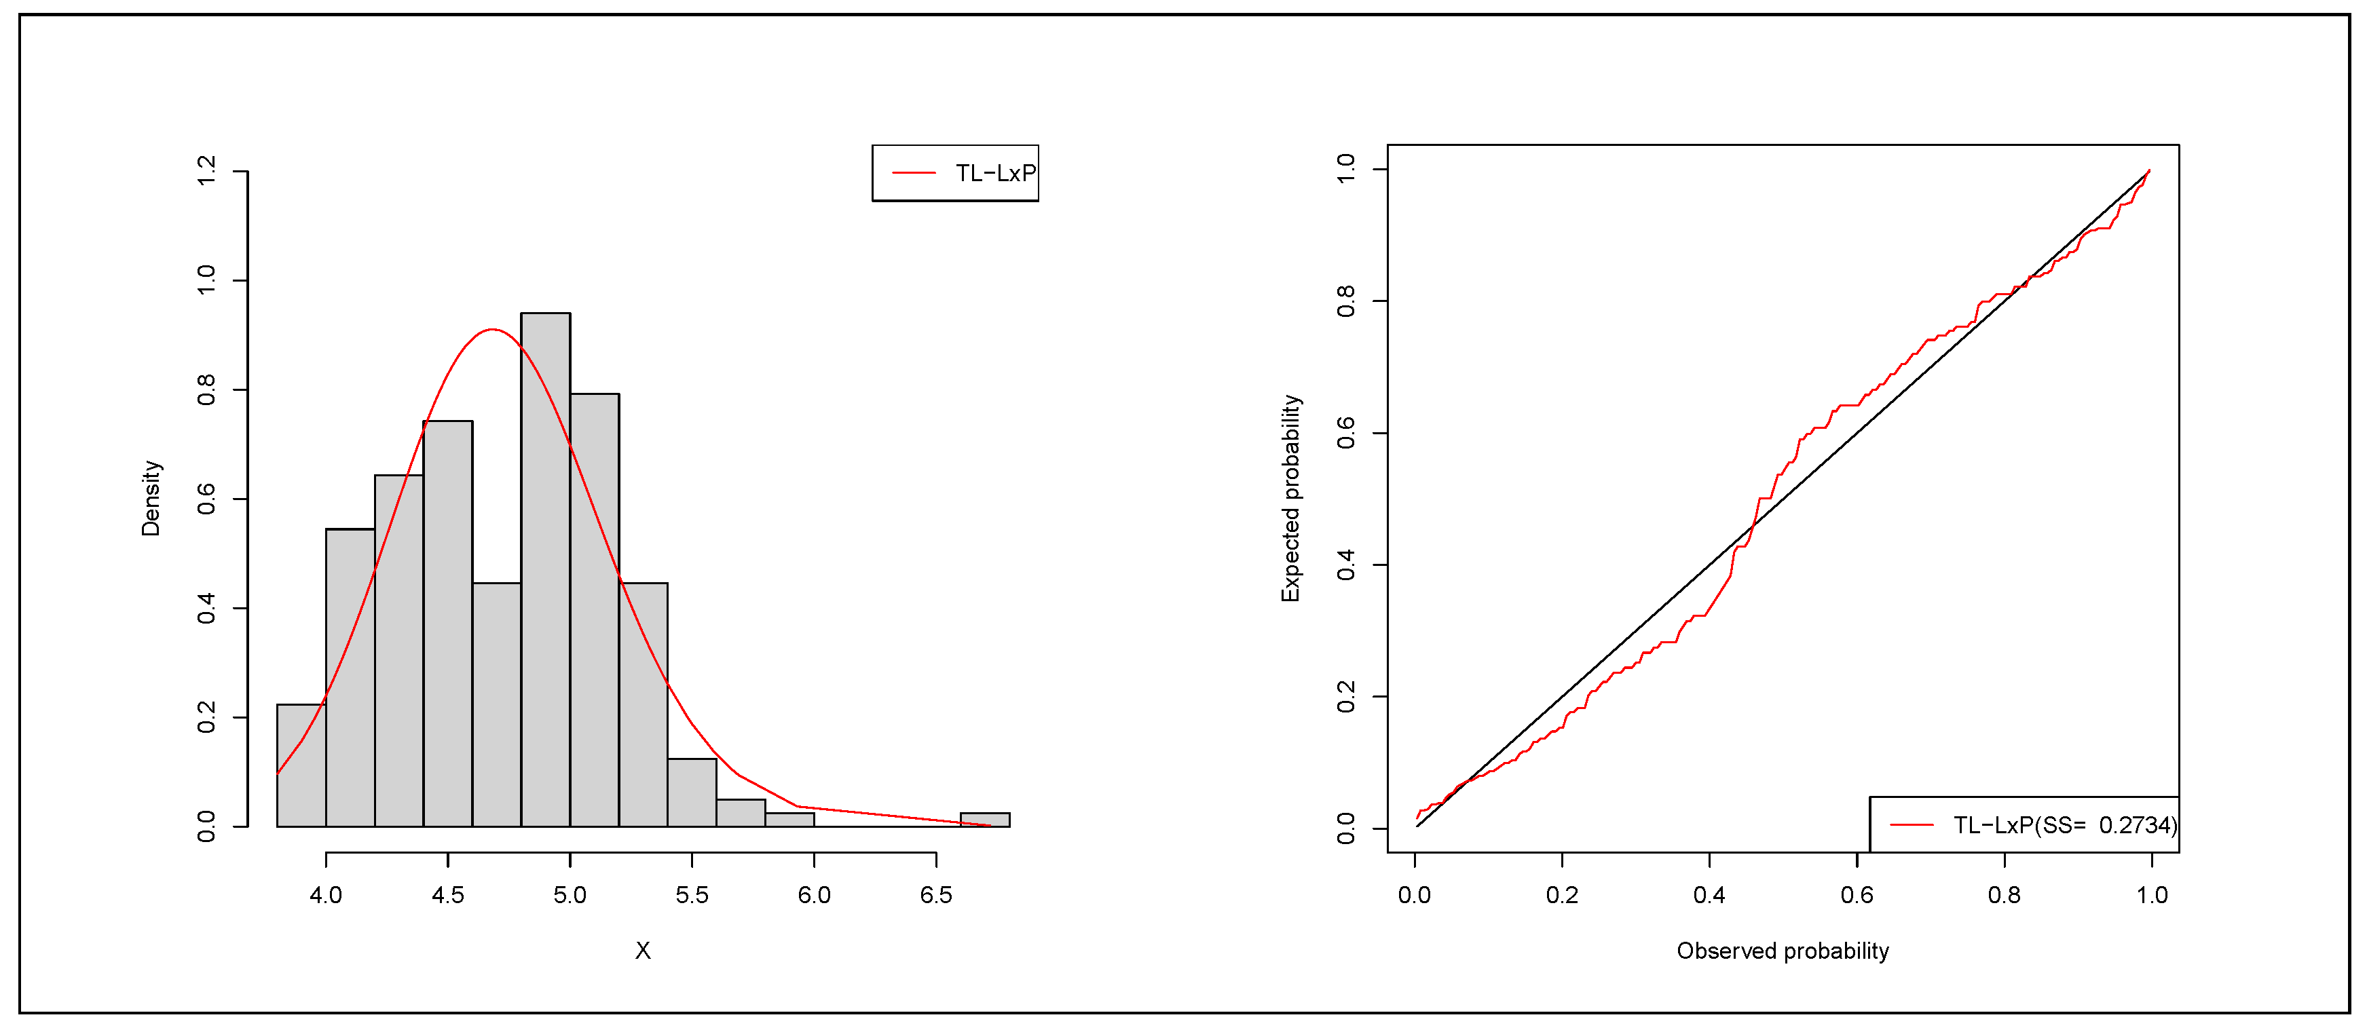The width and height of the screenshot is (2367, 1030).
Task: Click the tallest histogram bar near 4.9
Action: pyautogui.click(x=545, y=570)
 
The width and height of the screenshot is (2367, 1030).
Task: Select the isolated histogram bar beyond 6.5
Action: pyautogui.click(x=984, y=820)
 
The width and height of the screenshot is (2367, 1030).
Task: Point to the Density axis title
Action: pyautogui.click(x=151, y=498)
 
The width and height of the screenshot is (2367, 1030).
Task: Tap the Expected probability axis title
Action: pyautogui.click(x=1291, y=498)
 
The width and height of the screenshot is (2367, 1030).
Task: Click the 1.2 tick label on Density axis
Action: pyautogui.click(x=207, y=171)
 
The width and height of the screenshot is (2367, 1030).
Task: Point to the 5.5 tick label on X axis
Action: pyautogui.click(x=692, y=895)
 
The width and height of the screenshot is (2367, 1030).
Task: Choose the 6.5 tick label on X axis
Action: pyautogui.click(x=935, y=895)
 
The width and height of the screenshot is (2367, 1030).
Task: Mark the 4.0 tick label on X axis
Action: pyautogui.click(x=327, y=895)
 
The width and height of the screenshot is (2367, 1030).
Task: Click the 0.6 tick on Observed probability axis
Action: pyautogui.click(x=1856, y=895)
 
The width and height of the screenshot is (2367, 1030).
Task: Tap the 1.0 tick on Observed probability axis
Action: pyautogui.click(x=2151, y=895)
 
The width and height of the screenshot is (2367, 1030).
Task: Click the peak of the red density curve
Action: pyautogui.click(x=493, y=329)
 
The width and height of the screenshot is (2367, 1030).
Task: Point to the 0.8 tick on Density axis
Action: pyautogui.click(x=207, y=389)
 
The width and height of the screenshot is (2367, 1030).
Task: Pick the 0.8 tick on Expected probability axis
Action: pyautogui.click(x=1346, y=301)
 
